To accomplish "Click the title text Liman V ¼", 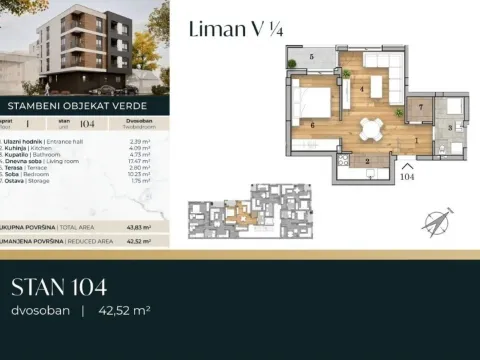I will (x=234, y=30).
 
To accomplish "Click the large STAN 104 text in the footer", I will (x=61, y=288).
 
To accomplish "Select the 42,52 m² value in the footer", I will (x=124, y=311).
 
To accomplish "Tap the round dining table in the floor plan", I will (x=372, y=127).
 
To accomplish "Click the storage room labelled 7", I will (x=420, y=106).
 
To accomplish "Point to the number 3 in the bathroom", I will (x=451, y=127).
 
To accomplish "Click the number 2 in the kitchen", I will (x=368, y=160).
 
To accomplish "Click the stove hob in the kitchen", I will (x=346, y=160).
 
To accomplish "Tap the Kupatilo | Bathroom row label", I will (x=40, y=155).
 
